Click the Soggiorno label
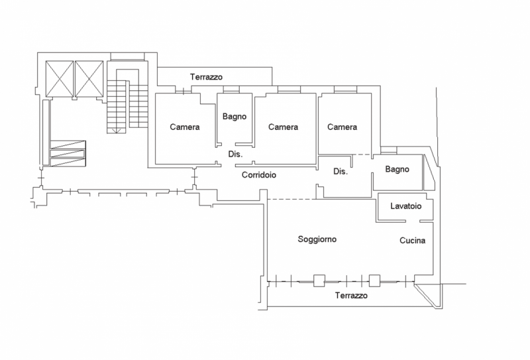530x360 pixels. tap(317, 239)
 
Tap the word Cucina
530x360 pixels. tap(412, 241)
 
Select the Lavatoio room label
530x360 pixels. tap(405, 206)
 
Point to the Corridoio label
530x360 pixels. tap(259, 176)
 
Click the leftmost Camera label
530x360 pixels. tap(185, 127)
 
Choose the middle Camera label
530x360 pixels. tap(283, 127)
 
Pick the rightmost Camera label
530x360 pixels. tap(342, 127)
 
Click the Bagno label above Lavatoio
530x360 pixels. tap(397, 170)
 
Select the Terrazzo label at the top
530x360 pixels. tap(207, 77)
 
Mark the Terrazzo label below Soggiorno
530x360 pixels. tap(351, 296)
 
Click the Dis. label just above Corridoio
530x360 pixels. tap(235, 154)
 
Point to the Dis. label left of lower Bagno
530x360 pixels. tap(341, 172)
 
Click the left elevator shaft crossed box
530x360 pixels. tap(58, 78)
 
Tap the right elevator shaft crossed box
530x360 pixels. tap(89, 78)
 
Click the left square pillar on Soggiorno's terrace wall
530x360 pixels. tap(320, 280)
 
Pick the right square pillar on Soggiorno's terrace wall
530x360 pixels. tap(376, 280)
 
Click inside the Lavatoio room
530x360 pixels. tap(405, 213)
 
